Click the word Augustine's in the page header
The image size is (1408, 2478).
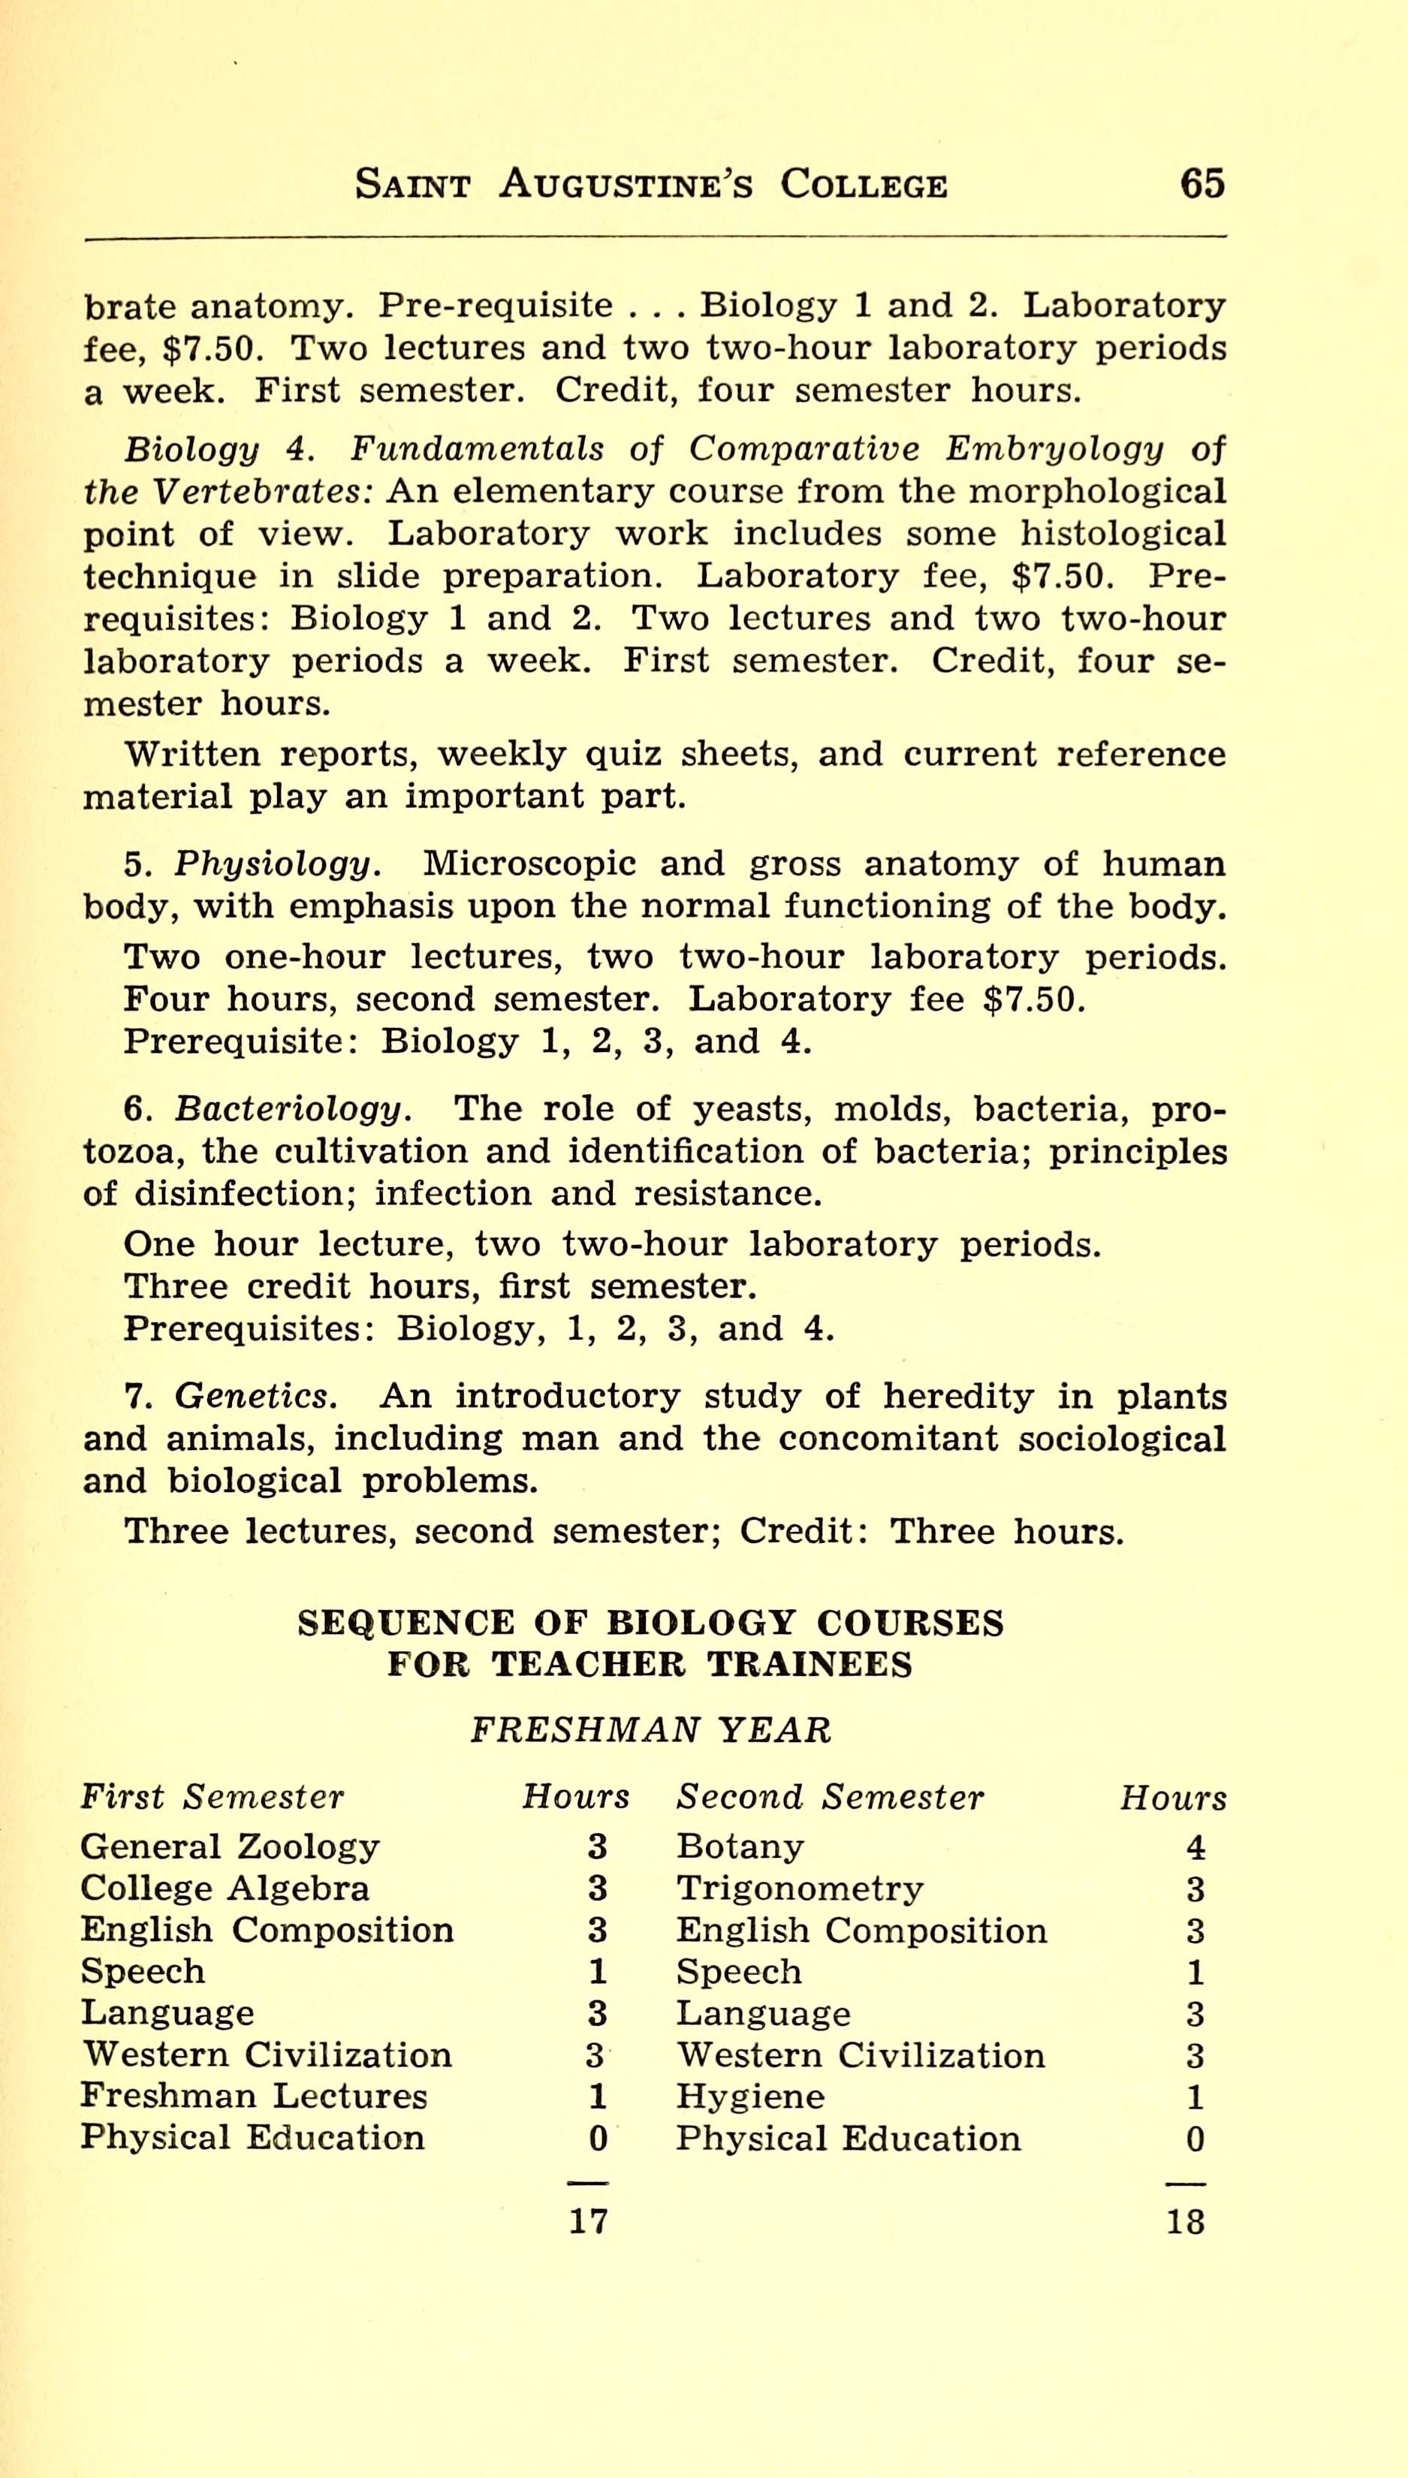click(626, 184)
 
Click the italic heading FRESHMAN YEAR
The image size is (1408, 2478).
click(650, 1729)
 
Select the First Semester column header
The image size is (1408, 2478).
click(212, 1796)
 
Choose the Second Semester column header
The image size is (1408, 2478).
click(830, 1796)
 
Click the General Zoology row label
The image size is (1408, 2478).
click(230, 1846)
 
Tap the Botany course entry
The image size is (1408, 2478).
click(740, 1846)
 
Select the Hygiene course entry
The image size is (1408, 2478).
click(750, 2096)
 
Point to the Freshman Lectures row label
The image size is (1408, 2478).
click(253, 2095)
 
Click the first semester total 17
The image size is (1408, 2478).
click(588, 2221)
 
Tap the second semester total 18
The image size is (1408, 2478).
click(1186, 2221)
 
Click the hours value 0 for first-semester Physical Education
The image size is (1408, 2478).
click(598, 2139)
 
